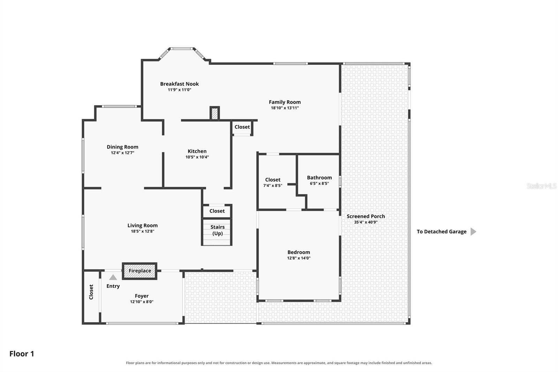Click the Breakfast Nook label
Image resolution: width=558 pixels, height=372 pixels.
(x=179, y=84)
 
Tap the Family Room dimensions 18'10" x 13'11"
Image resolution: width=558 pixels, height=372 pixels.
(x=285, y=108)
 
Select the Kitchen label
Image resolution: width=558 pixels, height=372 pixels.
(x=197, y=151)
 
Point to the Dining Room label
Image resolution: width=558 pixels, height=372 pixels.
(x=122, y=147)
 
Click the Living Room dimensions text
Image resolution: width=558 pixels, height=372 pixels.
(x=143, y=231)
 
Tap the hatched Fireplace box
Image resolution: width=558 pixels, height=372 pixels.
(x=139, y=271)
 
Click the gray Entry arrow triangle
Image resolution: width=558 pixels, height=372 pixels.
(x=113, y=277)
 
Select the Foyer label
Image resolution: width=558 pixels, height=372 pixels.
(x=142, y=296)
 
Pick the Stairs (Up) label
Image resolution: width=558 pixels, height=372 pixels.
(x=218, y=230)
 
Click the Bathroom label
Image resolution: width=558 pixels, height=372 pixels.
(x=319, y=178)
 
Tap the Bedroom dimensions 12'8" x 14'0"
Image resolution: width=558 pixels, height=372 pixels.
(x=299, y=258)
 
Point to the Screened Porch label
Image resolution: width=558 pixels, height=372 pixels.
(x=366, y=216)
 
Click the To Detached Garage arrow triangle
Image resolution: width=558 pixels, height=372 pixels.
(x=473, y=232)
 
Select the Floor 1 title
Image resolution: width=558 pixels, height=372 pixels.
(x=22, y=354)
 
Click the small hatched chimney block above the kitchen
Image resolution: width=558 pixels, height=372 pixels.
(x=214, y=113)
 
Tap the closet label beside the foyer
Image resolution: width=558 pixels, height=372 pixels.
(x=91, y=292)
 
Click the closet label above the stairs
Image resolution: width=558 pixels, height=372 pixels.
(x=217, y=211)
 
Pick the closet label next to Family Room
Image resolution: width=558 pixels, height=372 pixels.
(x=242, y=127)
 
